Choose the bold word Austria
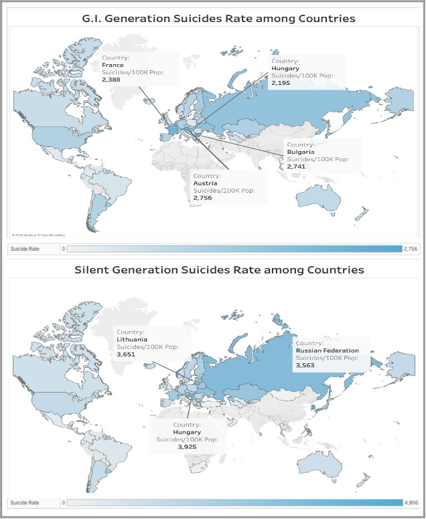(x=204, y=183)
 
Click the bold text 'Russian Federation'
(x=328, y=350)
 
